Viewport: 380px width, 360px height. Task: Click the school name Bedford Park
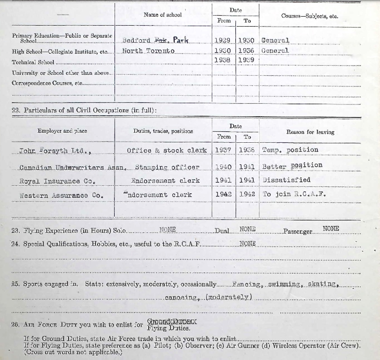[x=156, y=40]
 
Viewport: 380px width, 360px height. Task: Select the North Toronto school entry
[x=148, y=51]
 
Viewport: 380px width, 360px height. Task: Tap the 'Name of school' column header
[x=163, y=15]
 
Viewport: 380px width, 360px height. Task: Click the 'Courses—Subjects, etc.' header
[x=309, y=16]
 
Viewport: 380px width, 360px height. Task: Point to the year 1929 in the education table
[x=223, y=40]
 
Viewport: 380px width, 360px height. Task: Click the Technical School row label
[x=33, y=62]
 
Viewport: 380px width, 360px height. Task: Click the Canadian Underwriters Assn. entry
[x=73, y=167]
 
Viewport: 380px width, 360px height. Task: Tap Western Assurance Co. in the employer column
[x=61, y=195]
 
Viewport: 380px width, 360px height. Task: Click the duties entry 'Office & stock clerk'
[x=167, y=150]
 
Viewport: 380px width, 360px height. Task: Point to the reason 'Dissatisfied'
[x=286, y=180]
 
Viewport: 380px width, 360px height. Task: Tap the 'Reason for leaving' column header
[x=310, y=132]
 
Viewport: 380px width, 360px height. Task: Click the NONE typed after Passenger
[x=331, y=229]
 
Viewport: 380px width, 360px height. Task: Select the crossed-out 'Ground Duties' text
[x=172, y=321]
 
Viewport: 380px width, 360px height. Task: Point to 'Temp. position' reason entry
[x=290, y=150]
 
